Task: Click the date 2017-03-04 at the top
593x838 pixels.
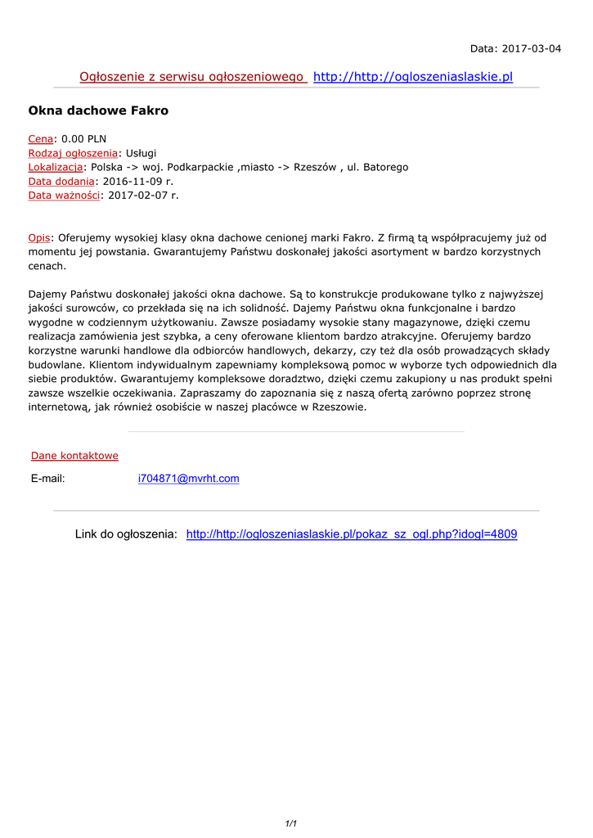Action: tap(532, 48)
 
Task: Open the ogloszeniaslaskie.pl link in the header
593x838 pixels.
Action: tap(413, 77)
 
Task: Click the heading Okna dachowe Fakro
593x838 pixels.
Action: tap(98, 110)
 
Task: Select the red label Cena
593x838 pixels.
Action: tap(41, 139)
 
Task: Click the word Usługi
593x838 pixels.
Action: tap(140, 153)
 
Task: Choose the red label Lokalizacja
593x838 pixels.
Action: tap(56, 167)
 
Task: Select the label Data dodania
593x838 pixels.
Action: tap(61, 181)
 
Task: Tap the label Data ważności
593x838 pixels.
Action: tap(64, 195)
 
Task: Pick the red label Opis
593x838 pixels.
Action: tap(39, 237)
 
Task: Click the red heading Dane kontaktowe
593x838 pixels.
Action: tap(74, 456)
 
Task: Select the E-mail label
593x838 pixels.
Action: tap(47, 479)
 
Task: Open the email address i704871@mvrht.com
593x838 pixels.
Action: tap(189, 479)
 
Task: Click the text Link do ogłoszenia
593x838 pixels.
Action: tap(126, 534)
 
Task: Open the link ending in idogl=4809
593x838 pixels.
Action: tap(352, 534)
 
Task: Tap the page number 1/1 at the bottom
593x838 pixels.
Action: tap(290, 824)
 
